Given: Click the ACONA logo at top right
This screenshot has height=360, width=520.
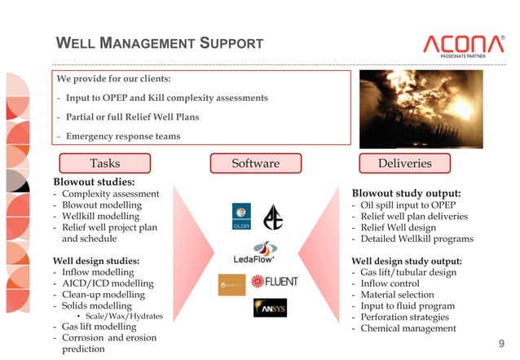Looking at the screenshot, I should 463,45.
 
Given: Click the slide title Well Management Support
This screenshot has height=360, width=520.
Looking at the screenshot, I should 159,43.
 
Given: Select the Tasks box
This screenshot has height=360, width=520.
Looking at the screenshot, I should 104,163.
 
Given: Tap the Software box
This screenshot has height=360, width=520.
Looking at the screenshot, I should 255,163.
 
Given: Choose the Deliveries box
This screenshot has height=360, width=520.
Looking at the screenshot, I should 404,163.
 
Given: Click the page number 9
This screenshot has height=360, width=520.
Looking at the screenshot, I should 501,344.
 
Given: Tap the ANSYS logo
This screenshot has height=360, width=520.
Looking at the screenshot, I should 270,308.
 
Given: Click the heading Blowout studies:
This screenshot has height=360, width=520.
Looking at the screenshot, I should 94,182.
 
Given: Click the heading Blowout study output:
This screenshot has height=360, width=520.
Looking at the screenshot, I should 406,194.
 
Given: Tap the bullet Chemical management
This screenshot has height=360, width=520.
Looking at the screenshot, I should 408,328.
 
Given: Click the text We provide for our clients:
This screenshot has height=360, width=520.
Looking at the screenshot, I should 113,79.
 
